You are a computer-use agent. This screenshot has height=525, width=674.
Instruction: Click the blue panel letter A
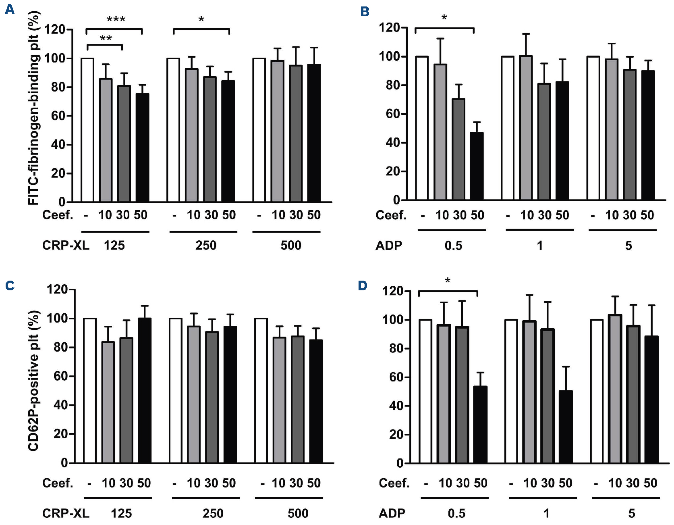point(9,9)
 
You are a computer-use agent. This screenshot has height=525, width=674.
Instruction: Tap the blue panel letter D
point(363,286)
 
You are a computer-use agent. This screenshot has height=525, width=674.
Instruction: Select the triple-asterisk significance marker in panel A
point(116,19)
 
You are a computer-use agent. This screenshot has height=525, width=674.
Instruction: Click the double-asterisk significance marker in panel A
point(106,39)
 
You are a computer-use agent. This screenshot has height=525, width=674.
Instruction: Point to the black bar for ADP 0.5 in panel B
point(477,166)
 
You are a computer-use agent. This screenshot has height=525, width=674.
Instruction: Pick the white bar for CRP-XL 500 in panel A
point(259,130)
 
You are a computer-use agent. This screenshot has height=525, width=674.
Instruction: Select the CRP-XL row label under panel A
point(66,245)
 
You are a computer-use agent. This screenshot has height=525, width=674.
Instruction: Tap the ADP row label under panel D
point(392,513)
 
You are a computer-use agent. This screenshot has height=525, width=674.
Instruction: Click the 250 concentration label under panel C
point(213,513)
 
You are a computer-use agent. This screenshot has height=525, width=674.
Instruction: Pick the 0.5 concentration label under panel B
point(453,245)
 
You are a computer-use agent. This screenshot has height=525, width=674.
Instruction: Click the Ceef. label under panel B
point(391,215)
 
